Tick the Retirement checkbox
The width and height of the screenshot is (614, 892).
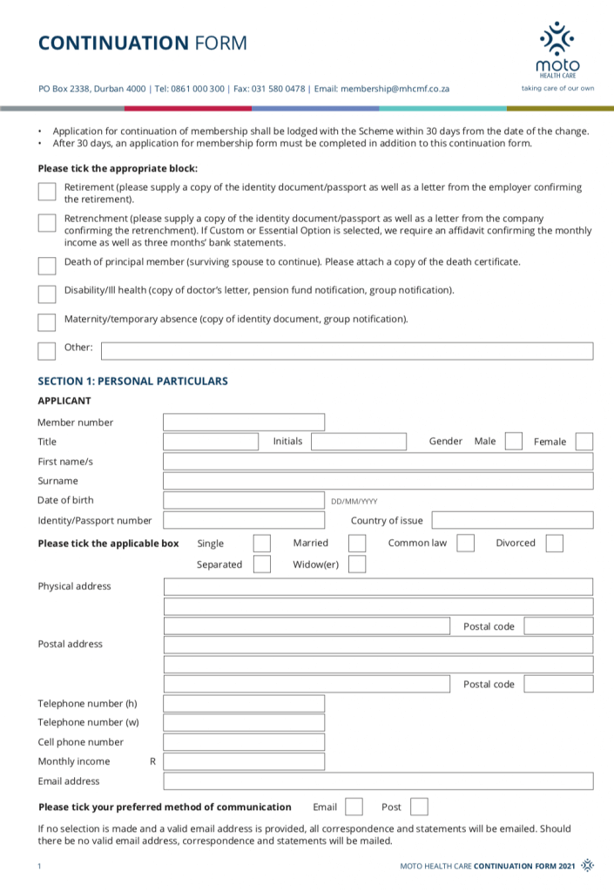pyautogui.click(x=47, y=192)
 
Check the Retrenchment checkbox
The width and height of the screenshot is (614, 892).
pyautogui.click(x=47, y=223)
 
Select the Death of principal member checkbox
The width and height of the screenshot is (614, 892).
pyautogui.click(x=47, y=265)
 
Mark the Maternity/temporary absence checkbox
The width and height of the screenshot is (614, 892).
pyautogui.click(x=47, y=322)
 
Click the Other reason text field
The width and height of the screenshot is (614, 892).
pyautogui.click(x=347, y=351)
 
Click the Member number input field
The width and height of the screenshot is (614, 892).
pyautogui.click(x=244, y=422)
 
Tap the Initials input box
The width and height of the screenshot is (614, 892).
pyautogui.click(x=359, y=442)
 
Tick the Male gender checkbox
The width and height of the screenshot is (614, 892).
pyautogui.click(x=514, y=442)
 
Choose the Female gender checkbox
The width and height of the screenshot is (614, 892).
pyautogui.click(x=584, y=442)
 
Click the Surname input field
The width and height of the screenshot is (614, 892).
pyautogui.click(x=378, y=481)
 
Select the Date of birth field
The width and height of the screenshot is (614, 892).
pyautogui.click(x=244, y=500)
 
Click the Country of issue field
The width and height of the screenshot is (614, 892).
pyautogui.click(x=512, y=520)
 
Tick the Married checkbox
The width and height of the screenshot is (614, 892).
pyautogui.click(x=357, y=544)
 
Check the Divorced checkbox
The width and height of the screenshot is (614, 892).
pyautogui.click(x=555, y=544)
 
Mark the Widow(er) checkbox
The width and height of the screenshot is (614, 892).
pyautogui.click(x=357, y=564)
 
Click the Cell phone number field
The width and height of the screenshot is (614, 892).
pyautogui.click(x=244, y=742)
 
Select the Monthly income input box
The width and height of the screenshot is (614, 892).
pyautogui.click(x=244, y=761)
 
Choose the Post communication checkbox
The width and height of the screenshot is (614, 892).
pyautogui.click(x=419, y=807)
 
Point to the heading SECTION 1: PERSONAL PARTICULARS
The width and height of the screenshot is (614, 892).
pyautogui.click(x=132, y=382)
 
